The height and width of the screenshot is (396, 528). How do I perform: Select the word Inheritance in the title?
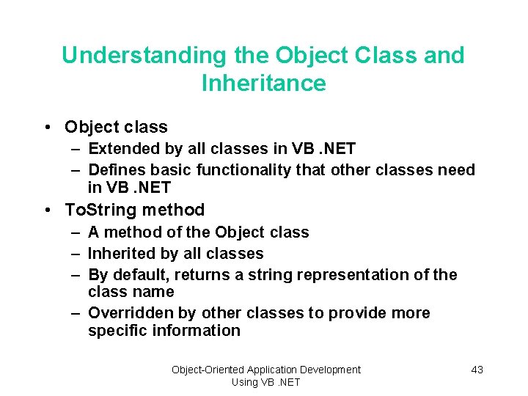point(263,84)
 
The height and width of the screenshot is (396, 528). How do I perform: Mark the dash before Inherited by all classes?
point(76,254)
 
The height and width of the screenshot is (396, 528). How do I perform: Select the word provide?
point(356,313)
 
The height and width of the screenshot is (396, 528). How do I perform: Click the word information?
point(198,331)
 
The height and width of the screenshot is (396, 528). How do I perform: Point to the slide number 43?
point(477,370)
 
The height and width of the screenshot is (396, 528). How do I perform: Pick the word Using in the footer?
point(244,382)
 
